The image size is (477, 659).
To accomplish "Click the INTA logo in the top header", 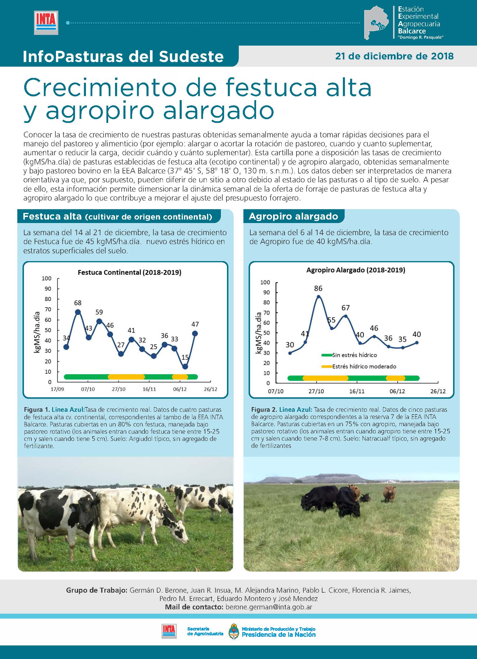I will (x=46, y=23).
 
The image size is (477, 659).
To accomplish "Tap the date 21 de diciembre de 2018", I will (x=394, y=56).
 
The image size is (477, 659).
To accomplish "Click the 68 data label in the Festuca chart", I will (x=78, y=303).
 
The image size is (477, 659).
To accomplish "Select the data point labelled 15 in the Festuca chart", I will (x=185, y=367).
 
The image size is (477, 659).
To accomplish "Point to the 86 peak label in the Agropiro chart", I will (x=318, y=288).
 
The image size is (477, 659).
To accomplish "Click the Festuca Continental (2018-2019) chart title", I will (x=129, y=272).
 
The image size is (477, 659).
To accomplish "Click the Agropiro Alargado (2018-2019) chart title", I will (x=356, y=270).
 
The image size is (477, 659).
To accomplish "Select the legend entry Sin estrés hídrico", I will (x=354, y=355).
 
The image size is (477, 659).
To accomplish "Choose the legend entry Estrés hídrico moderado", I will (x=364, y=366).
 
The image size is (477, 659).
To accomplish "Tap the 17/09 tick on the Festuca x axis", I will (x=57, y=389).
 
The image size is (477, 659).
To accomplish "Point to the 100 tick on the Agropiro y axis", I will (x=265, y=282).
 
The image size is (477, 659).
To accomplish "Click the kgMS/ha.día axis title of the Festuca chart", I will (x=37, y=332).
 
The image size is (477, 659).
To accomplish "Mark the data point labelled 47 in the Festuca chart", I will (x=195, y=334).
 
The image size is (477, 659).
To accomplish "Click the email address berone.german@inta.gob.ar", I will (x=269, y=607).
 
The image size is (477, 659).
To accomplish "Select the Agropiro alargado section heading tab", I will (x=293, y=216).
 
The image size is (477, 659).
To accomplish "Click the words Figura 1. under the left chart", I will (x=37, y=410).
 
